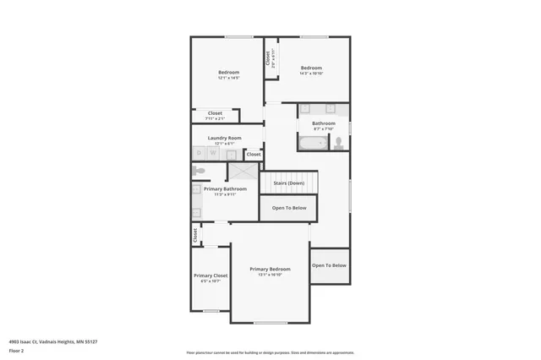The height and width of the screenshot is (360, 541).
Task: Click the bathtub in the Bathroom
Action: pos(313,144)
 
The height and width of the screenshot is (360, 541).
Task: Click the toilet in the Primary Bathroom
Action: pos(199,171)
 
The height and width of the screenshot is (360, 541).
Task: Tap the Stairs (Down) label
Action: pos(288,183)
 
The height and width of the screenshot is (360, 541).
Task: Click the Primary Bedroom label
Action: pos(270,269)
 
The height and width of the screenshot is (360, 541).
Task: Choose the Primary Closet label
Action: pos(210,275)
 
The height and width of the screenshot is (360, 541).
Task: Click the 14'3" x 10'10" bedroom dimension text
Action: pos(311,74)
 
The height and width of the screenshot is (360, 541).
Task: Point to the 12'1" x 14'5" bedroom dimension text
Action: pos(228,78)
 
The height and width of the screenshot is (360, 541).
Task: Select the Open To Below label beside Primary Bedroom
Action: pos(329,265)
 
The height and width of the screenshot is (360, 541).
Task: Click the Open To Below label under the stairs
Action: pos(288,208)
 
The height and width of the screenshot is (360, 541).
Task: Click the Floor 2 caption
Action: pos(15,350)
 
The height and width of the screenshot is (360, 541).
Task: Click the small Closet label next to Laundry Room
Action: pos(254,155)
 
